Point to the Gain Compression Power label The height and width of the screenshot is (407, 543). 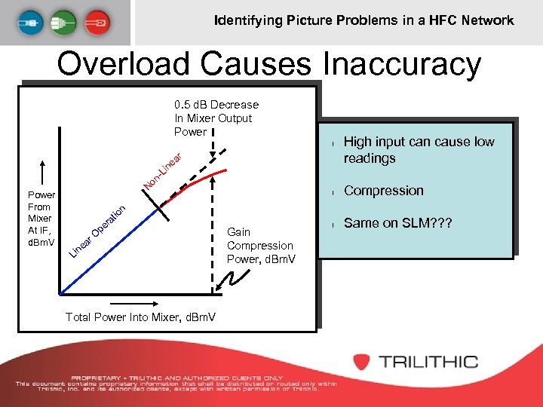[x=260, y=246]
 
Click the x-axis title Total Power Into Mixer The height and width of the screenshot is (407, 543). [x=140, y=317]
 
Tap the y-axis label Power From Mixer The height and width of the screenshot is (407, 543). [x=38, y=218]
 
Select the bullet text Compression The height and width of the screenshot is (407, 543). [x=383, y=191]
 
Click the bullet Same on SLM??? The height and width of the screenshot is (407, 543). [x=393, y=223]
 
